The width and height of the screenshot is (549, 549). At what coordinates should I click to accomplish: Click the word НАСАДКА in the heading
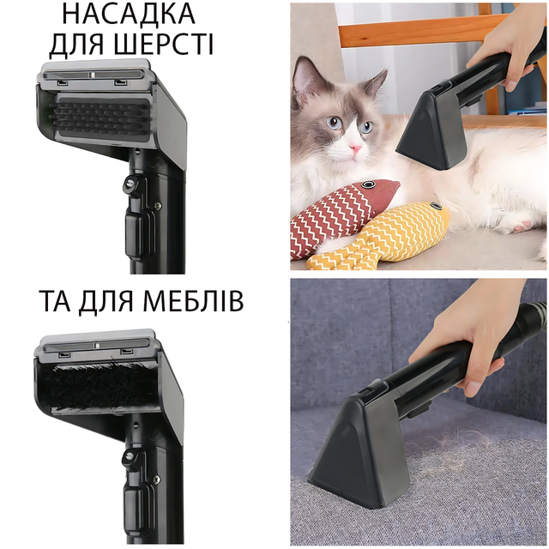[x=129, y=15]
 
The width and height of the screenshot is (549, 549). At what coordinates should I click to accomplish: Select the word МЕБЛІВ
[x=193, y=301]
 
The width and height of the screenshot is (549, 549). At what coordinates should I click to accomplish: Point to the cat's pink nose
[x=356, y=148]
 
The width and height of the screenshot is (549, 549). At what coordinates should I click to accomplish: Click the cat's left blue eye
[x=335, y=122]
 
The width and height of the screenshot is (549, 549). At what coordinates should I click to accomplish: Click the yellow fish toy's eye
[x=436, y=206]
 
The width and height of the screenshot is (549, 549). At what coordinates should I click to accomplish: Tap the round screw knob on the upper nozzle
[x=130, y=182]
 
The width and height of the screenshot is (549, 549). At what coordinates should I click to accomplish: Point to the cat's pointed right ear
[x=376, y=82]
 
